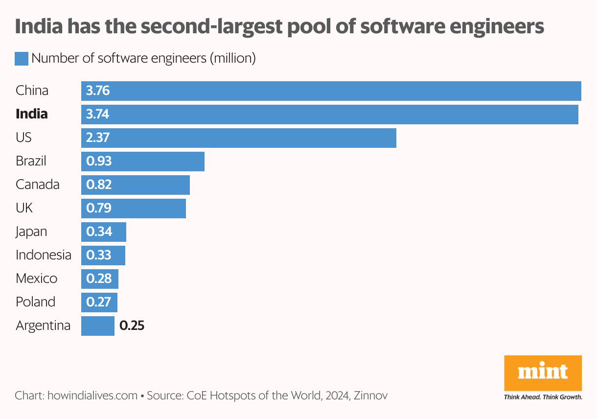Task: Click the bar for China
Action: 331,91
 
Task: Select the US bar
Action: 238,138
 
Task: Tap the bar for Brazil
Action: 142,161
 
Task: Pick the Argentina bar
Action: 97,326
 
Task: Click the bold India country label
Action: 32,114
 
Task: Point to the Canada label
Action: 38,185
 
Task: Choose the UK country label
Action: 24,208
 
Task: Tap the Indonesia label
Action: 43,255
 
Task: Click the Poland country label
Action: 35,302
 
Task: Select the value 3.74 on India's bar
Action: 97,115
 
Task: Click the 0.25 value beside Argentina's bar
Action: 132,326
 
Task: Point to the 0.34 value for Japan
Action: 99,232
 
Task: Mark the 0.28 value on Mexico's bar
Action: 99,279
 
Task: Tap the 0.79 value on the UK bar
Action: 99,208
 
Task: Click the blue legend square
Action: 22,59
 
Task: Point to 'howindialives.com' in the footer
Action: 92,396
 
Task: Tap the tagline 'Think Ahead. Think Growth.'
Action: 543,397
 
